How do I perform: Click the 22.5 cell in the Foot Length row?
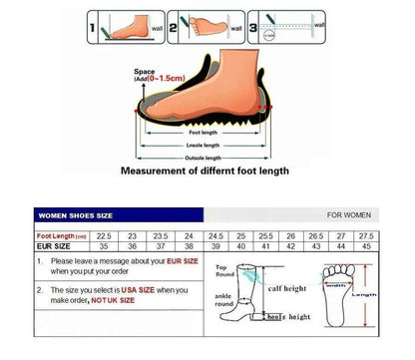pyautogui.click(x=102, y=235)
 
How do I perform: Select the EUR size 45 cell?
pyautogui.click(x=396, y=246)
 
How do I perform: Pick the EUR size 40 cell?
pyautogui.click(x=240, y=246)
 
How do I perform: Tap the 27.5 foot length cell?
pyautogui.click(x=396, y=235)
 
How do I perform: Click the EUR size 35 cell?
pyautogui.click(x=102, y=246)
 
